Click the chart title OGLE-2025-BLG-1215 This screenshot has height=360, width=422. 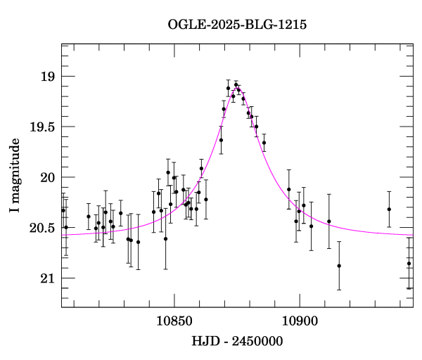(237, 25)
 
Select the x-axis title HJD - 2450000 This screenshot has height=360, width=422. (237, 342)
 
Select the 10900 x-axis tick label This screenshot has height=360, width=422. (300, 321)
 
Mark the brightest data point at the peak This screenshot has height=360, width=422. (236, 85)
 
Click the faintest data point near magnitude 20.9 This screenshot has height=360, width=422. (339, 266)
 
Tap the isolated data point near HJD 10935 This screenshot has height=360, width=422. (389, 209)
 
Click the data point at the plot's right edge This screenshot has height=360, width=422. (409, 264)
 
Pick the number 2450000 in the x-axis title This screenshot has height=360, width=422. (256, 342)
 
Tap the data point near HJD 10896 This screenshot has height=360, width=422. (288, 189)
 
